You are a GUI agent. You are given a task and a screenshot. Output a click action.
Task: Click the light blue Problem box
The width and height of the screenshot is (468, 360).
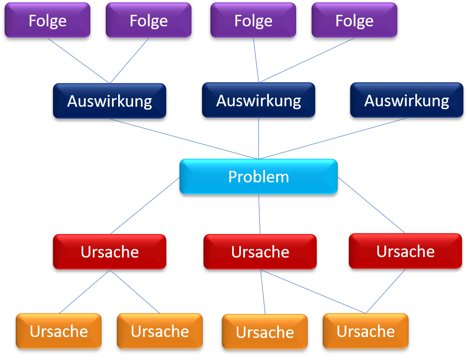pos(258,177)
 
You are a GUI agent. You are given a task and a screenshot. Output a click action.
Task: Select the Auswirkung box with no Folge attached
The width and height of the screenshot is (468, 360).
pos(407,101)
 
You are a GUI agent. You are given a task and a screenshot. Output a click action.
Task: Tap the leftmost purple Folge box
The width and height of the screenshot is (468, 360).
pos(47,21)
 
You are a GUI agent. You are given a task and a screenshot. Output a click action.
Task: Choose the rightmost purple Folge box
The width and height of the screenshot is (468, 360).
pos(354,21)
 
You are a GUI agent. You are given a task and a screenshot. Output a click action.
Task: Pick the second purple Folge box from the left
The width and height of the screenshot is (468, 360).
pos(148,21)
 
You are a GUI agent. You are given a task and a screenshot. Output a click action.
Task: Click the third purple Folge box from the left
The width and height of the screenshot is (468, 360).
pos(253,21)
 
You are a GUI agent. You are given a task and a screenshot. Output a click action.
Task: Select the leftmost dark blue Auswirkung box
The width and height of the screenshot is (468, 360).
pos(110,101)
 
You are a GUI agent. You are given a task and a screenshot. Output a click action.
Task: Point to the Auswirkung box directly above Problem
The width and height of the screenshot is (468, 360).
pos(258,101)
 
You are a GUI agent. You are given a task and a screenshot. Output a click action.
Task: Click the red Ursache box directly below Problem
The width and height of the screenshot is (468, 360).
pos(260,252)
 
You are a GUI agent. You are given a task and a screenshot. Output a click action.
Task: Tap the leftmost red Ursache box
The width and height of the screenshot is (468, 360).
pos(110,252)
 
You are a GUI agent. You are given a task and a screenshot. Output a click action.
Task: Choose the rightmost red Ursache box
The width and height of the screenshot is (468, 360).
pos(405,251)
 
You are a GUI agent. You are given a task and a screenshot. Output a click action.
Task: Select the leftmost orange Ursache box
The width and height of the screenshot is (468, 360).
pos(58,331)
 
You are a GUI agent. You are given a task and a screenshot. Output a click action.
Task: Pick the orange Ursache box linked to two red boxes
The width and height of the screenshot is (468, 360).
pos(366,331)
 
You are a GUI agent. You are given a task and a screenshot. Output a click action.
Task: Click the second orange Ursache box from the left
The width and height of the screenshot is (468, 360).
pos(160,331)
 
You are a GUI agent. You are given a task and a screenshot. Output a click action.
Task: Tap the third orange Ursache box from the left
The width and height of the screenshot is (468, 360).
pos(265,332)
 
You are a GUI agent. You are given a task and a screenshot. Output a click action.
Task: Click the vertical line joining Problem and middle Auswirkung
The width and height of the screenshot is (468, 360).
pos(259,139)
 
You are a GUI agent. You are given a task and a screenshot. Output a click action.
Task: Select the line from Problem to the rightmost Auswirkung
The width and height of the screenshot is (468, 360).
pos(333,138)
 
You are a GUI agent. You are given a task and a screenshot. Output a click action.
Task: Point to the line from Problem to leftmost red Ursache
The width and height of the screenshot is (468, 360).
pos(145,205)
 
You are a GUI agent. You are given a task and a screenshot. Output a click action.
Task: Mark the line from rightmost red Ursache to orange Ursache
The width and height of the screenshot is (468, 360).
pos(386,291)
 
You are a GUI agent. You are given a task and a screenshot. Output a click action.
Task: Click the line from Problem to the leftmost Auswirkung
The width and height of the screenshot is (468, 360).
pos(184,139)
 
